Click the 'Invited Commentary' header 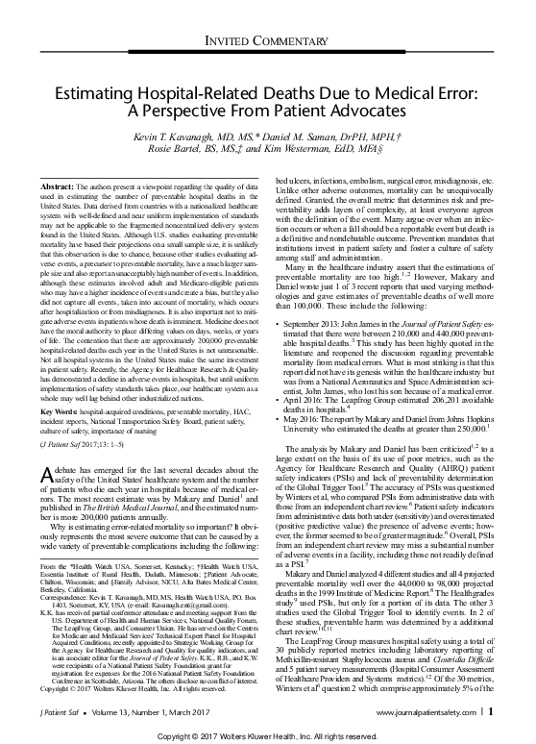(268, 37)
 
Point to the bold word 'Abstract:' (64, 184)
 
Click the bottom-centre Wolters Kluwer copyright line (268, 734)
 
